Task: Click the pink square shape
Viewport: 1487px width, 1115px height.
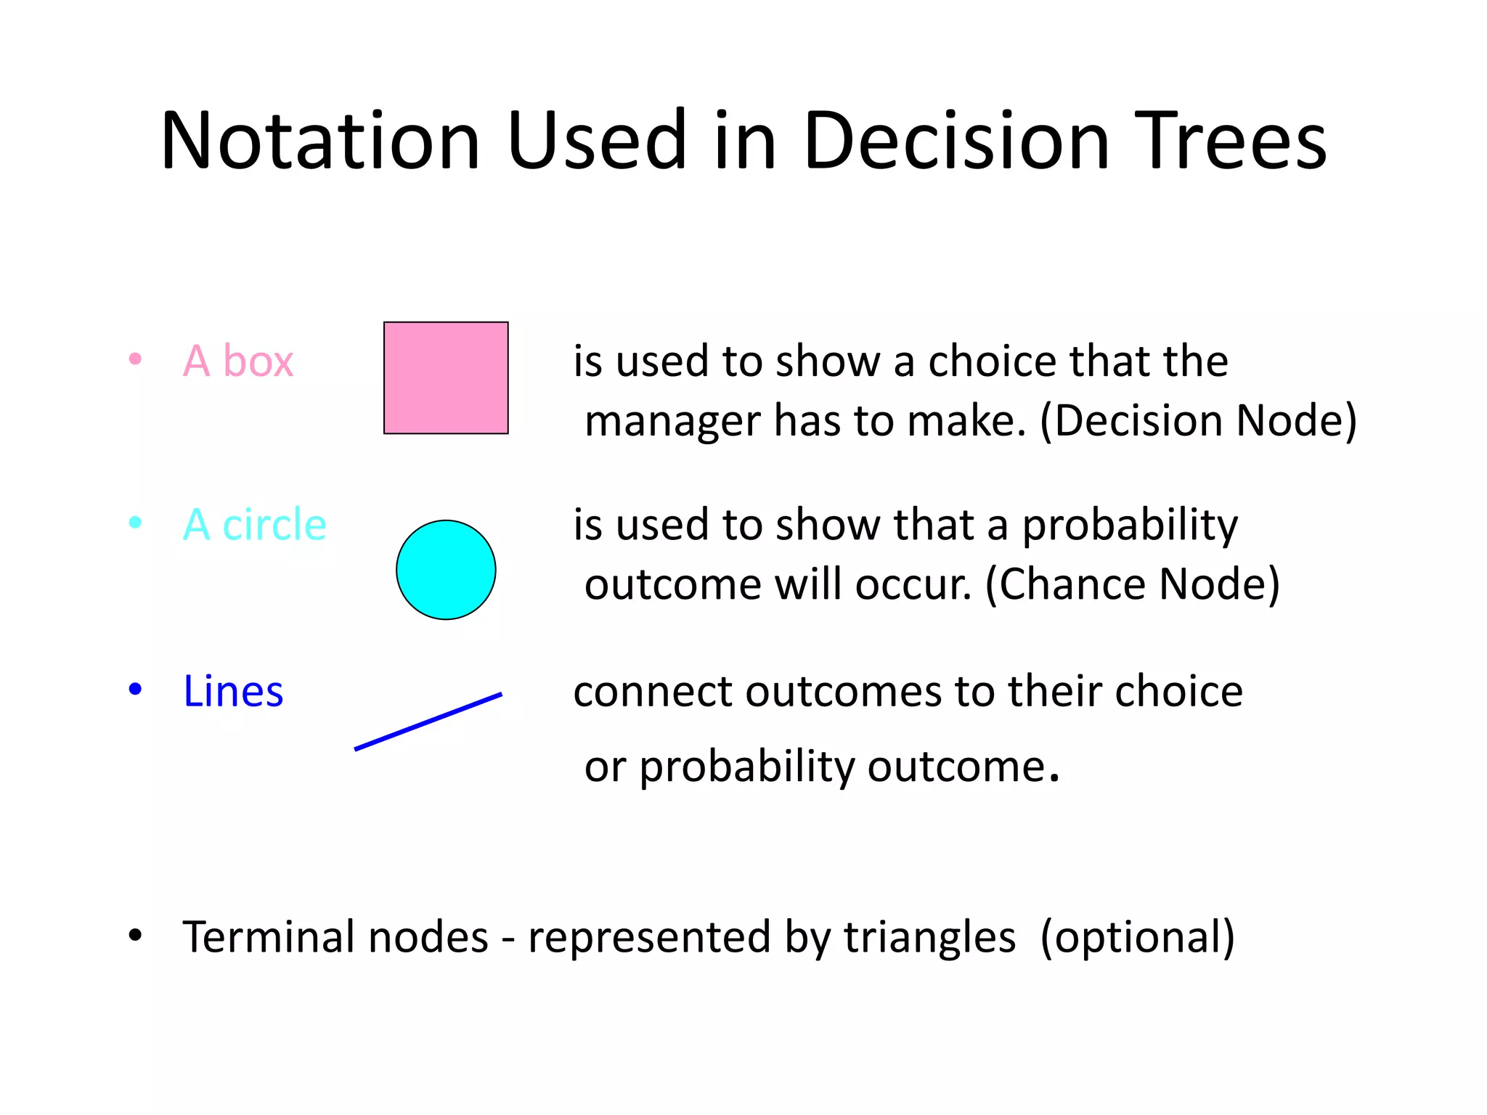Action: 446,377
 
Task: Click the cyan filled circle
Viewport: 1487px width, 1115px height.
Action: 446,570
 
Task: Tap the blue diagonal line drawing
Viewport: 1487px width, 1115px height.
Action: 428,722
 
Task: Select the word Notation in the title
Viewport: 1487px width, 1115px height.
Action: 320,141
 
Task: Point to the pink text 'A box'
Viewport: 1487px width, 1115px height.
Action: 238,361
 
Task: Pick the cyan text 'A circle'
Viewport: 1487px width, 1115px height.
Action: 254,524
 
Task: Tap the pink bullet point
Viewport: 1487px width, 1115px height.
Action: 135,359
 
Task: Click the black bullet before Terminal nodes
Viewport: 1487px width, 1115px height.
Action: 135,936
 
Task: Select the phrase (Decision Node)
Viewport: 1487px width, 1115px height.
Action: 1198,421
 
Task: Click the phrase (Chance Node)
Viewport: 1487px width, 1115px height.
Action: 1132,584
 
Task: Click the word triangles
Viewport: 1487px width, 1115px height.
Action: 929,937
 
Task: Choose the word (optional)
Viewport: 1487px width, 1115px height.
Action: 1137,937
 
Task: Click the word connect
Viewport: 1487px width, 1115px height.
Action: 653,692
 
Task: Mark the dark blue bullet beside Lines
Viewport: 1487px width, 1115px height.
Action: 135,688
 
